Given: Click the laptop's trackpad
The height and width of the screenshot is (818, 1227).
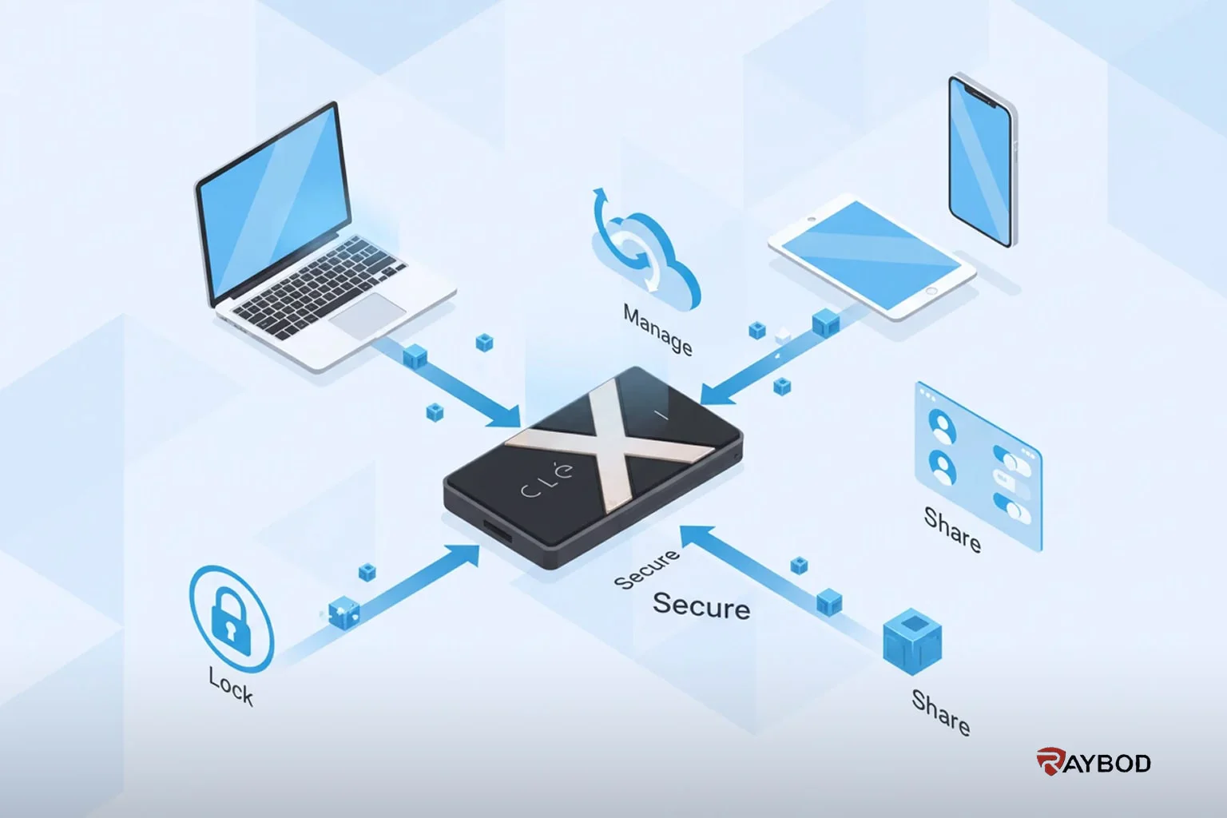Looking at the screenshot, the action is tap(367, 316).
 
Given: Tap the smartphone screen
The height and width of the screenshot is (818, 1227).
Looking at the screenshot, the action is tap(981, 162).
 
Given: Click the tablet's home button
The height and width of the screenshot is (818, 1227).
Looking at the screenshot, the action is tap(931, 291).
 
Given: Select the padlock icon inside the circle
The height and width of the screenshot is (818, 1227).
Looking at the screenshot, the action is tap(231, 621).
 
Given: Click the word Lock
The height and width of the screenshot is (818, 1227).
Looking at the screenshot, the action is tap(231, 685).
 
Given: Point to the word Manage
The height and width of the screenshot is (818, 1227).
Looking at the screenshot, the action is tap(658, 330).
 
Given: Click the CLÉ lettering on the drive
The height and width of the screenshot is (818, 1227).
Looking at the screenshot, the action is tap(547, 481).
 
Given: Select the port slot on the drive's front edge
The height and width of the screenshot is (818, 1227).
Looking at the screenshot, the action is tap(498, 531).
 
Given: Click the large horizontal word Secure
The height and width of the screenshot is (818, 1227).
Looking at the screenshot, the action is tap(701, 606).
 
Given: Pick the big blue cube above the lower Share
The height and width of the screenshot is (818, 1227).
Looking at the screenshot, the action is tap(912, 641).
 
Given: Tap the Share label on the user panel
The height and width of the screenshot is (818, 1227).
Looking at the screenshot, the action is tap(952, 530).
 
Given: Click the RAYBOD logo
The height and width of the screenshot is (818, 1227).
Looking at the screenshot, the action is tap(1094, 761).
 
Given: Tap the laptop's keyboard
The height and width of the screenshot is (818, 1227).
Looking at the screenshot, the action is tap(320, 287).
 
